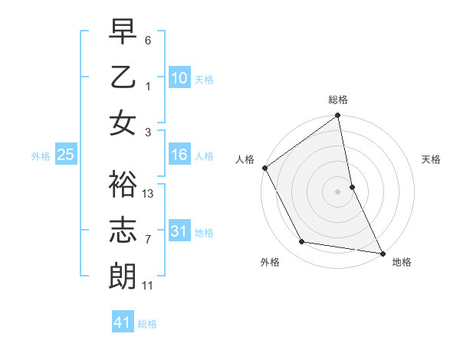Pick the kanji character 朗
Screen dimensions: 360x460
[123, 276]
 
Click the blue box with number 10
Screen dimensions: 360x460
[179, 77]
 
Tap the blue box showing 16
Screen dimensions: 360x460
[179, 155]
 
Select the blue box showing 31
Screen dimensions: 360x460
[179, 231]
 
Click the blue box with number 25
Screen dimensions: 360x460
[66, 155]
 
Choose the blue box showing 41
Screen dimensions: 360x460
[123, 322]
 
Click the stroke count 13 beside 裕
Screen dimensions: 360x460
[149, 194]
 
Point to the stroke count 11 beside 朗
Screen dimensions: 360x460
[148, 286]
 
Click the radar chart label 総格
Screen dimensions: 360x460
[338, 100]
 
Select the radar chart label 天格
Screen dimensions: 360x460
[432, 159]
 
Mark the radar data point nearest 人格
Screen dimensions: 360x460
[264, 168]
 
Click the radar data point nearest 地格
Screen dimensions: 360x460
[382, 252]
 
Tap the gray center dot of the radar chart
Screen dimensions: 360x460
[338, 191]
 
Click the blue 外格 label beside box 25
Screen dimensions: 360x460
[41, 156]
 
